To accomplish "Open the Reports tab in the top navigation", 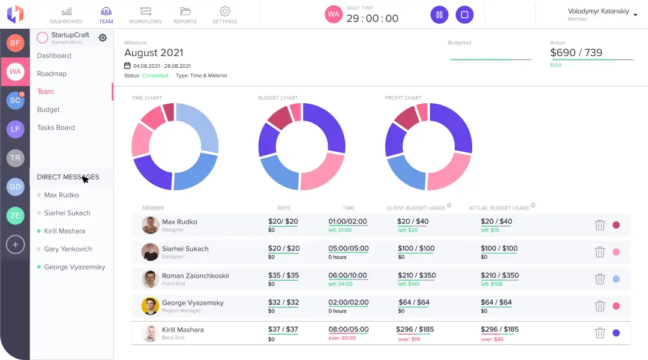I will (185, 15).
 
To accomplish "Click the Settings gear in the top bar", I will (224, 15).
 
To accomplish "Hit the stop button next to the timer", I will (464, 15).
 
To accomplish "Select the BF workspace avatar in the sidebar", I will (15, 43).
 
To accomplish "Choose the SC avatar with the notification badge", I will (15, 100).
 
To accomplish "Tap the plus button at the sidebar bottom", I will (15, 244).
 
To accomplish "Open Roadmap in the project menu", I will (52, 74).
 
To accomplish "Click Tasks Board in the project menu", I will (56, 128).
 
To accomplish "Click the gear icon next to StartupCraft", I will (103, 38).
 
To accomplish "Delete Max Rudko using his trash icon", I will (599, 225).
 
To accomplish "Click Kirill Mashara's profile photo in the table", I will (150, 333).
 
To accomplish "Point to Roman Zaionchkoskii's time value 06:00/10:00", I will (347, 275).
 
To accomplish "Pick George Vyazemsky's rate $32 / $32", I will (284, 302).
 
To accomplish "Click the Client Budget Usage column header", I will (416, 208).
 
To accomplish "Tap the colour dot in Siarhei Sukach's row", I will (616, 252).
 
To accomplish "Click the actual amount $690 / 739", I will (576, 53).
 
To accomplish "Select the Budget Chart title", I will (278, 98).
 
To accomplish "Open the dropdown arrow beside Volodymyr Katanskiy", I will (635, 15).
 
